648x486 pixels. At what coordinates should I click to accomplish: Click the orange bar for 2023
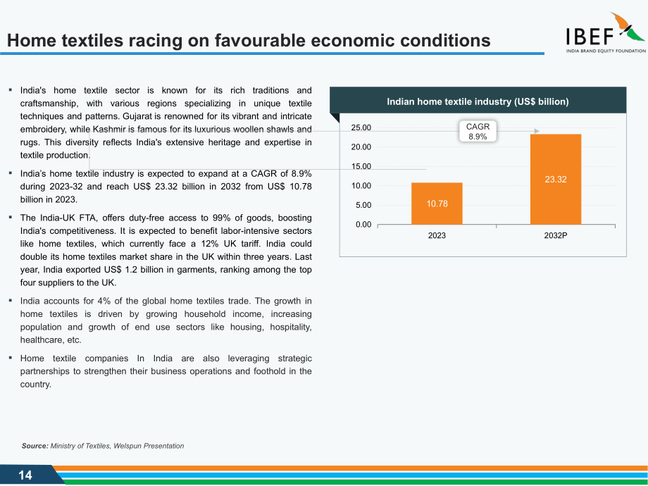[437, 204]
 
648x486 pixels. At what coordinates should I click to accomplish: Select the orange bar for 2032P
[556, 180]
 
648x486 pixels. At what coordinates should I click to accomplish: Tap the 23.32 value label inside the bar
[556, 180]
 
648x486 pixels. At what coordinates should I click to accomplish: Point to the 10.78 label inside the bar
[437, 204]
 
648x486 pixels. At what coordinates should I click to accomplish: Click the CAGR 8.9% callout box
[478, 132]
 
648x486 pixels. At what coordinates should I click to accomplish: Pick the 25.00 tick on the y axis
[361, 127]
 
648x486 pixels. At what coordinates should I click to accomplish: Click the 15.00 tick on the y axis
[361, 166]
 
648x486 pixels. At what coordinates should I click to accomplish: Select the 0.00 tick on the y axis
[363, 225]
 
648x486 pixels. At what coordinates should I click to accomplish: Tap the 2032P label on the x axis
[556, 235]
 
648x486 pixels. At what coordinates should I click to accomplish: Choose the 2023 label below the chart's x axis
[437, 235]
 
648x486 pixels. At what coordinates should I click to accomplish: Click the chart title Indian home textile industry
[478, 101]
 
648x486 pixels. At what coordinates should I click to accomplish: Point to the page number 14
[25, 475]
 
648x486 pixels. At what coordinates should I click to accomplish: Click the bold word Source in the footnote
[35, 446]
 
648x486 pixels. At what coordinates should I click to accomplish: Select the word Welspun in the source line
[127, 446]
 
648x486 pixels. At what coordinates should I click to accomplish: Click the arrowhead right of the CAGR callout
[537, 131]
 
